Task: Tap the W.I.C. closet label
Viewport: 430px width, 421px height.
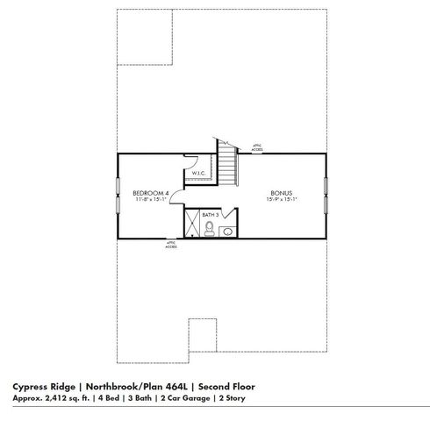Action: (197, 173)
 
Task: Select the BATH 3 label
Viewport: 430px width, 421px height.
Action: (210, 214)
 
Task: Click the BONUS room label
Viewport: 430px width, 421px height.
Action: (282, 192)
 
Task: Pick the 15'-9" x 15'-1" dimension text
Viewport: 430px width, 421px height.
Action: (282, 198)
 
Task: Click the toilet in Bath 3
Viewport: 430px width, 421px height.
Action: (211, 229)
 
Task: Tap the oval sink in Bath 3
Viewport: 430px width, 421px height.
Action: (227, 232)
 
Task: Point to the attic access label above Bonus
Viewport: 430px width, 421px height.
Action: (257, 148)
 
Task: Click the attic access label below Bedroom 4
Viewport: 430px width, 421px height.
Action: (171, 245)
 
